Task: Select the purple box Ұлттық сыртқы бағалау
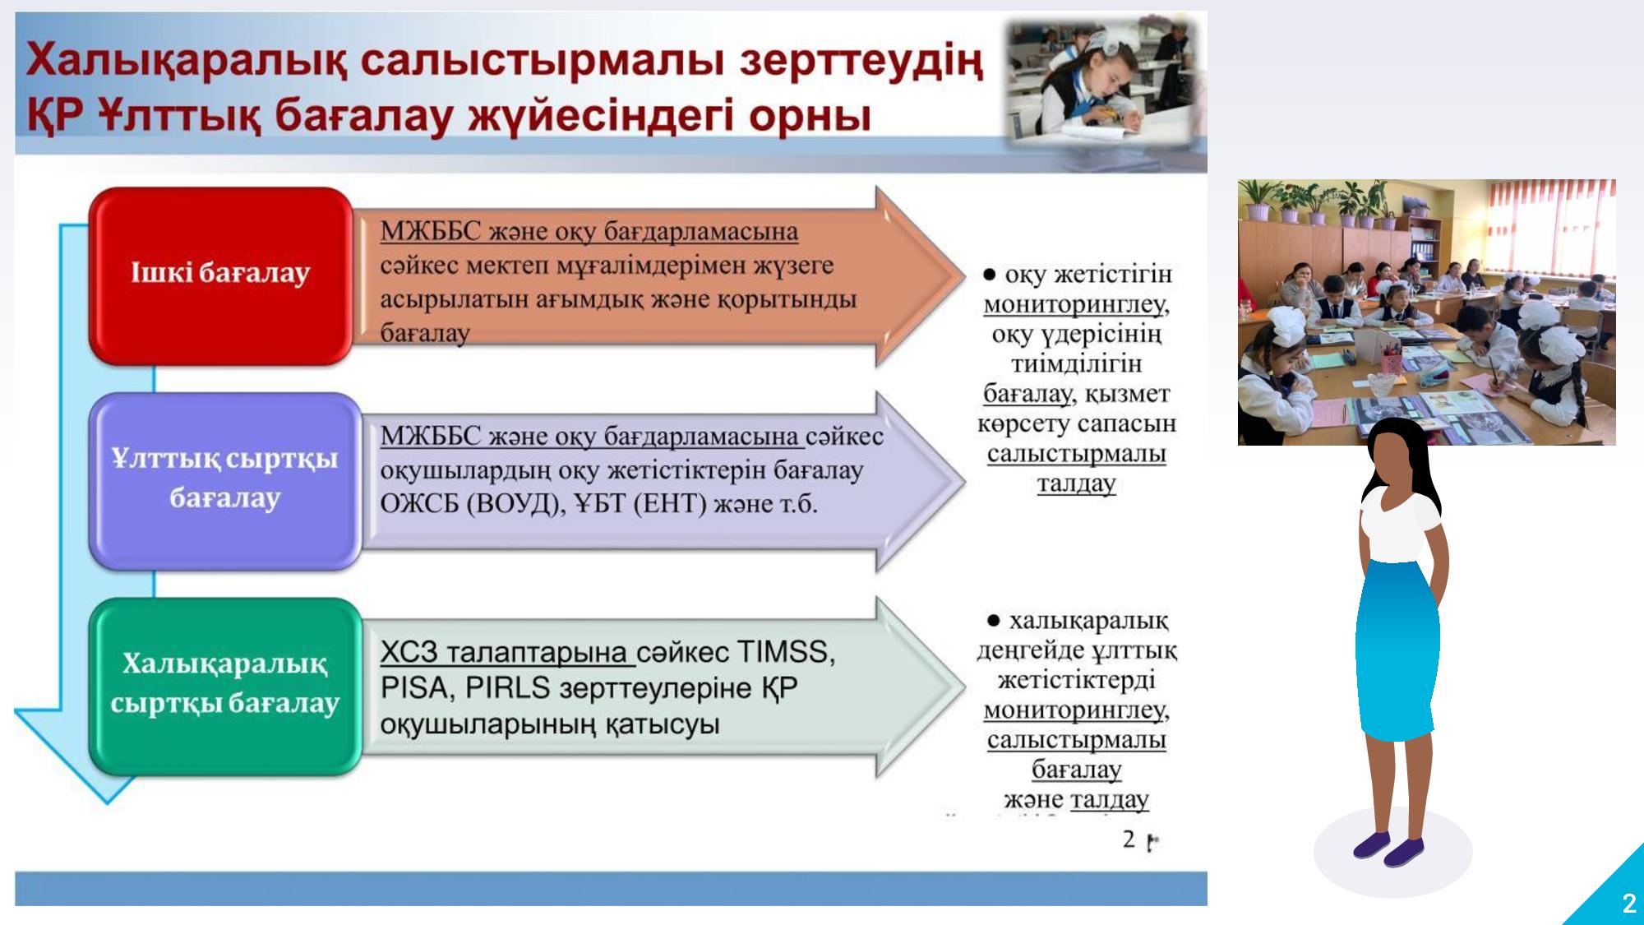[x=225, y=481]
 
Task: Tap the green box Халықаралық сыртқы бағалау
[x=225, y=686]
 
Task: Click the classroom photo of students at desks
[x=1427, y=312]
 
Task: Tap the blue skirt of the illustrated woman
[x=1397, y=650]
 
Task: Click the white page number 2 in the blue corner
[x=1628, y=904]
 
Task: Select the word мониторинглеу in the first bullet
[x=1076, y=304]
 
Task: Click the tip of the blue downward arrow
[x=107, y=803]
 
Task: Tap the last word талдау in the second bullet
[x=1110, y=799]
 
